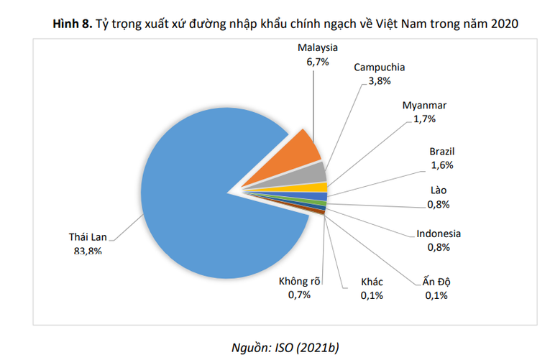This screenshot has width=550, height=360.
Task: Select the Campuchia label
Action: pyautogui.click(x=379, y=68)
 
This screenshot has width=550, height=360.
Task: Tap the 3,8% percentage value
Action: pyautogui.click(x=379, y=81)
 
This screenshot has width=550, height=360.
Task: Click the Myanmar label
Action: pyautogui.click(x=424, y=106)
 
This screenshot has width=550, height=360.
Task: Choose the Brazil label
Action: pyautogui.click(x=442, y=152)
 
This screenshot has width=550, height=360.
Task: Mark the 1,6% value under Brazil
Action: pyautogui.click(x=442, y=165)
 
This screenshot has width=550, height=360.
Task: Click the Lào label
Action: pyautogui.click(x=438, y=191)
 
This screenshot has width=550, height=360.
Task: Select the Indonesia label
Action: pyautogui.click(x=439, y=234)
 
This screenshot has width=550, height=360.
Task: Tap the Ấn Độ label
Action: pyautogui.click(x=436, y=281)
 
